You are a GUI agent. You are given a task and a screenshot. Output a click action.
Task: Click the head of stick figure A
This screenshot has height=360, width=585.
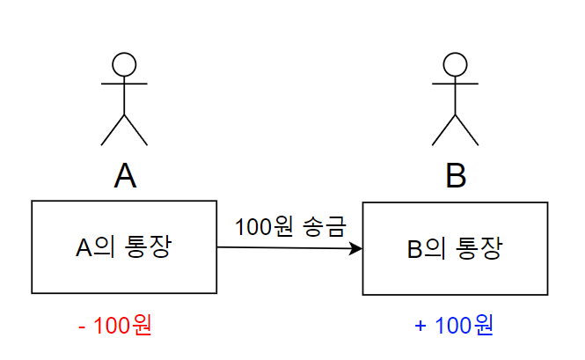click(124, 64)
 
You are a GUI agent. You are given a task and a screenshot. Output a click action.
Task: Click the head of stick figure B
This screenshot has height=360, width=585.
click(455, 64)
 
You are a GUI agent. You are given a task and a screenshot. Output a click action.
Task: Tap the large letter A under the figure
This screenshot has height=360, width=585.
click(125, 177)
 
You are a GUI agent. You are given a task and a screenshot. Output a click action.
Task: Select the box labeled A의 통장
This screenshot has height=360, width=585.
click(124, 246)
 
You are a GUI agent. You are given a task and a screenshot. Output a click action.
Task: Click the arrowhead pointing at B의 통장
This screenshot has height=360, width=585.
click(356, 249)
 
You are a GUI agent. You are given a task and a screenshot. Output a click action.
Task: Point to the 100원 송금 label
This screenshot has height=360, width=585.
click(290, 226)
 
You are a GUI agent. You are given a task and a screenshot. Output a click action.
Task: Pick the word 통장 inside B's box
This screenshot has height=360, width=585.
click(479, 248)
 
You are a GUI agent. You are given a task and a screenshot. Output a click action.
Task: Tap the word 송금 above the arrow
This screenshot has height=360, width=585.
click(326, 226)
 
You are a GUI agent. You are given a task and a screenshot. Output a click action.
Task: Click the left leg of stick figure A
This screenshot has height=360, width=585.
click(113, 129)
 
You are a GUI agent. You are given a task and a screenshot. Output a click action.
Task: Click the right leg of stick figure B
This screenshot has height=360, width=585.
click(467, 129)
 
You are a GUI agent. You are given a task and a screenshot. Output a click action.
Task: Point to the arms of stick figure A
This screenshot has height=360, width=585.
click(124, 84)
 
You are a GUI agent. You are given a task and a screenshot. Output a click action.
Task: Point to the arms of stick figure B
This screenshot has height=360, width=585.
click(455, 84)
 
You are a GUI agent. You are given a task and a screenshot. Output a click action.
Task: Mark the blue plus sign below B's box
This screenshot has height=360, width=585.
click(420, 326)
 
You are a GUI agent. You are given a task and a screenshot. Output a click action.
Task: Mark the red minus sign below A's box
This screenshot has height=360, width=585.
click(82, 326)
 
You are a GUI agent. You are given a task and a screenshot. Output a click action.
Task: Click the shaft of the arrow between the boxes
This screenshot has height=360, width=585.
click(282, 248)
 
